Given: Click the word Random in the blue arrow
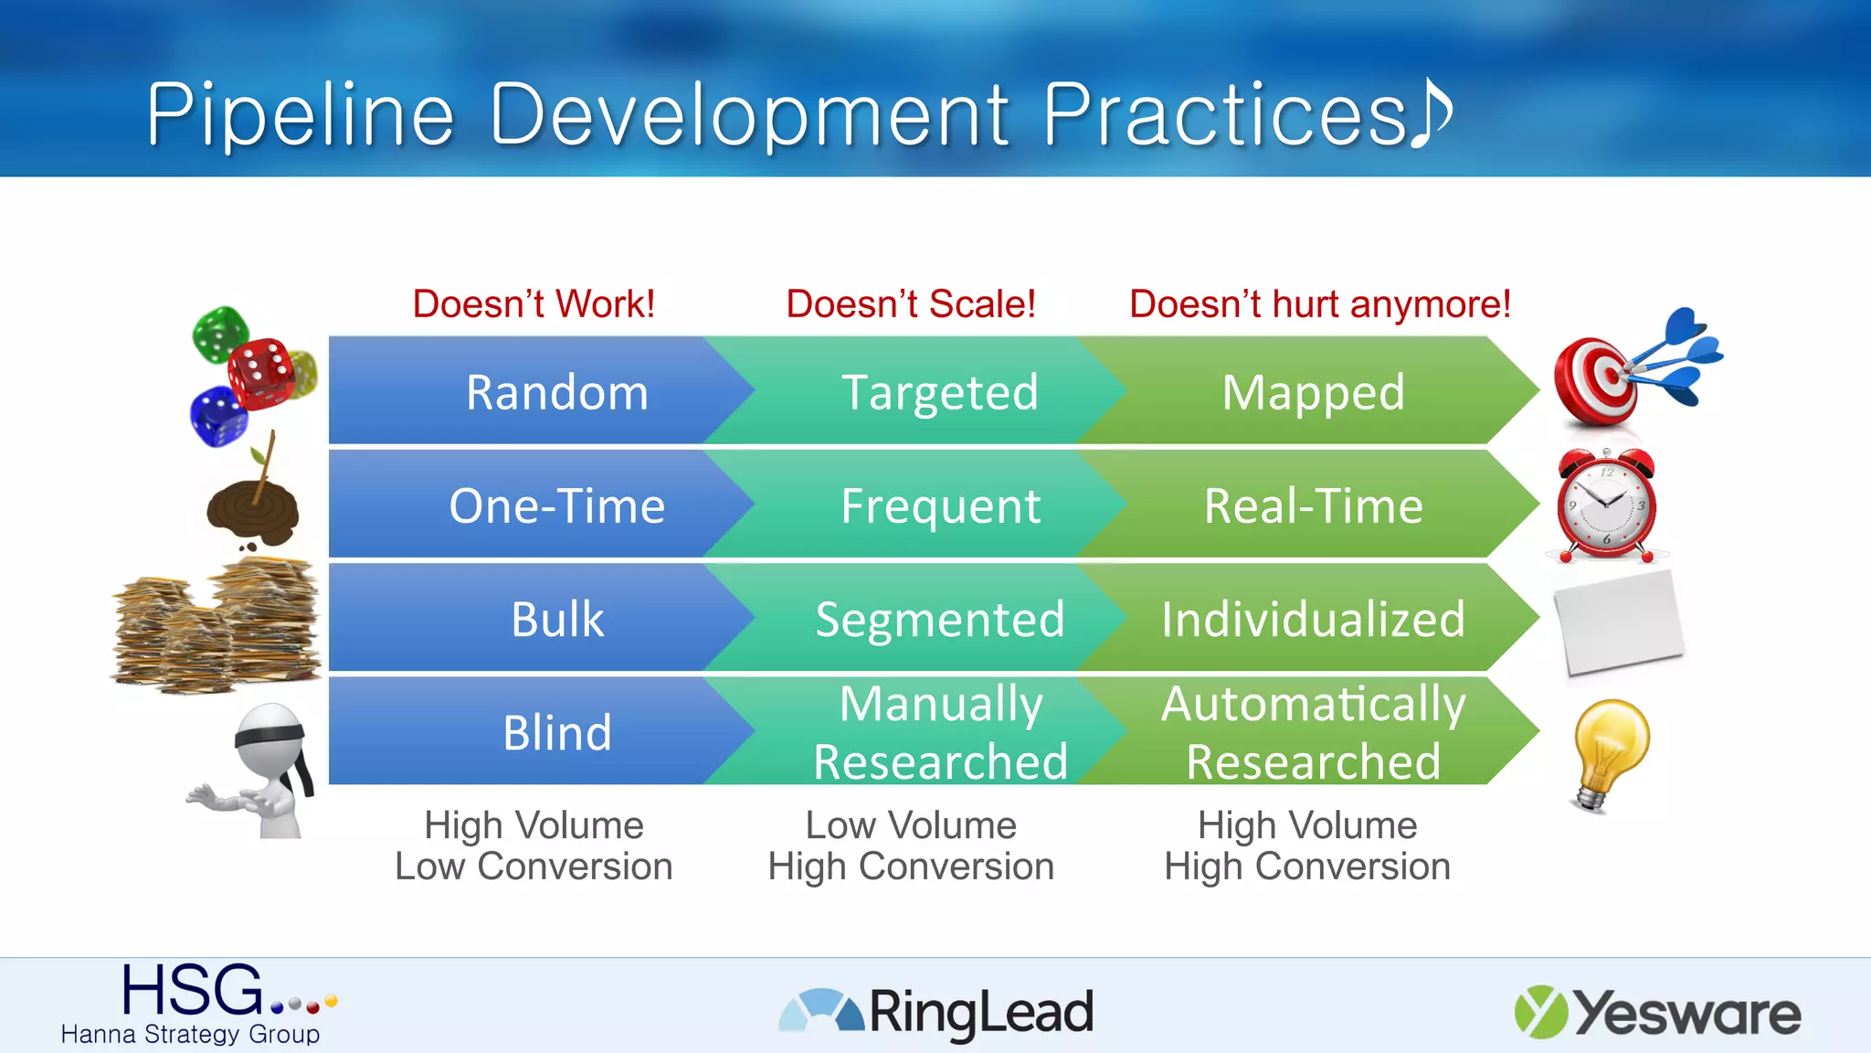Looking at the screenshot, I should click(x=557, y=392).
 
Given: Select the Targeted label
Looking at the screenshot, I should click(x=939, y=392).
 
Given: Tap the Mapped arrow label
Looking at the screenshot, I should click(x=1313, y=392).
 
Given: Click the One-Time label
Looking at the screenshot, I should click(x=557, y=505).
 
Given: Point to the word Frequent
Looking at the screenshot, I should click(x=940, y=505).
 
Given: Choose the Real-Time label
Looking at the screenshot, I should click(x=1313, y=505).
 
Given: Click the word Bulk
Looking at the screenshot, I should click(x=557, y=619).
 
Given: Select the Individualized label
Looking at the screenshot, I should click(x=1313, y=619).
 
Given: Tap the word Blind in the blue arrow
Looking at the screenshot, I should click(x=557, y=732).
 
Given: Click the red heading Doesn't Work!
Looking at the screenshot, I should click(x=534, y=303).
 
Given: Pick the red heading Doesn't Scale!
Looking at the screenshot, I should click(x=911, y=303).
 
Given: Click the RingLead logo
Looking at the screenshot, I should click(x=935, y=1012).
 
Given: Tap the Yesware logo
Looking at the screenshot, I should click(x=1657, y=1012).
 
